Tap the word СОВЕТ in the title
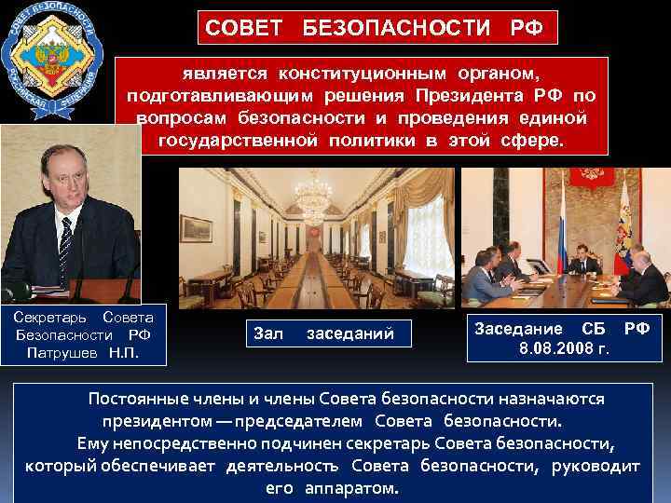pyautogui.click(x=243, y=27)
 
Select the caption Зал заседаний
pyautogui.click(x=323, y=333)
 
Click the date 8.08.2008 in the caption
pyautogui.click(x=556, y=349)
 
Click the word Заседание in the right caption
pyautogui.click(x=519, y=329)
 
